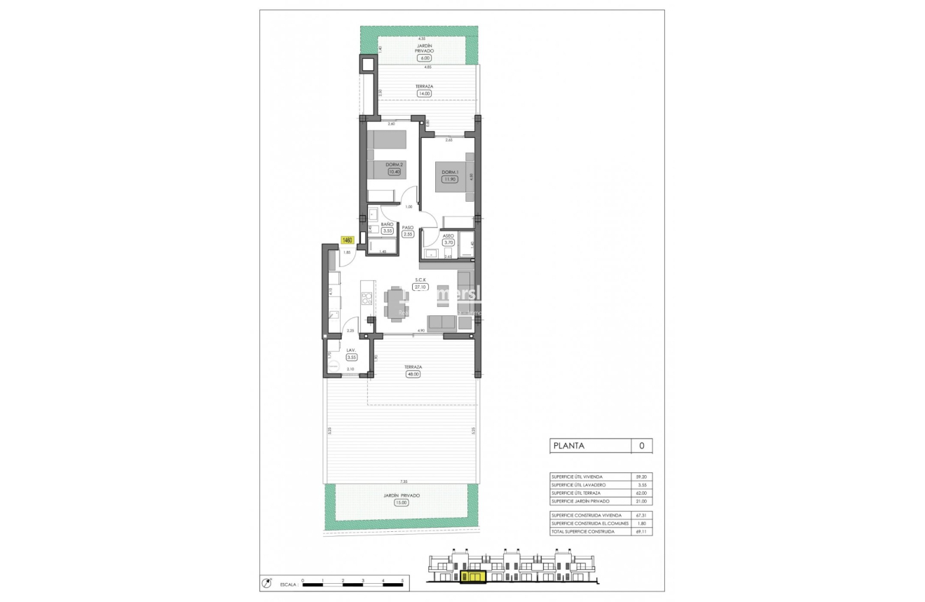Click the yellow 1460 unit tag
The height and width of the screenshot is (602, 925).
point(347,240)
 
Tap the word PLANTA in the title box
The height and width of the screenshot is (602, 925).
point(570,446)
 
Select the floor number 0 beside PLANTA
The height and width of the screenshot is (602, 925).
point(641,446)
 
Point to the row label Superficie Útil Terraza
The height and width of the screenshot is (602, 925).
point(581,493)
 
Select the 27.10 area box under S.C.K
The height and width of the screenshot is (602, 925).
point(420,287)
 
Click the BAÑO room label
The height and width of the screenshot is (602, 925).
point(387,224)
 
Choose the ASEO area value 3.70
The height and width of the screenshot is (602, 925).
point(448,242)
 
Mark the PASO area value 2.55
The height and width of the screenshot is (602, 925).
point(408,234)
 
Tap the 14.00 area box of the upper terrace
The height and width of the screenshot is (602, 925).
point(423,93)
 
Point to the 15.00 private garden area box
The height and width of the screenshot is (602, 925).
point(402,502)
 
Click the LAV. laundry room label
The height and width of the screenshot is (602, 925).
point(350,350)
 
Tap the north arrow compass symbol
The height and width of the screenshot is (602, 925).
point(266,582)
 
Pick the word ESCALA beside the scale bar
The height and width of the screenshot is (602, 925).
point(287,583)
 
